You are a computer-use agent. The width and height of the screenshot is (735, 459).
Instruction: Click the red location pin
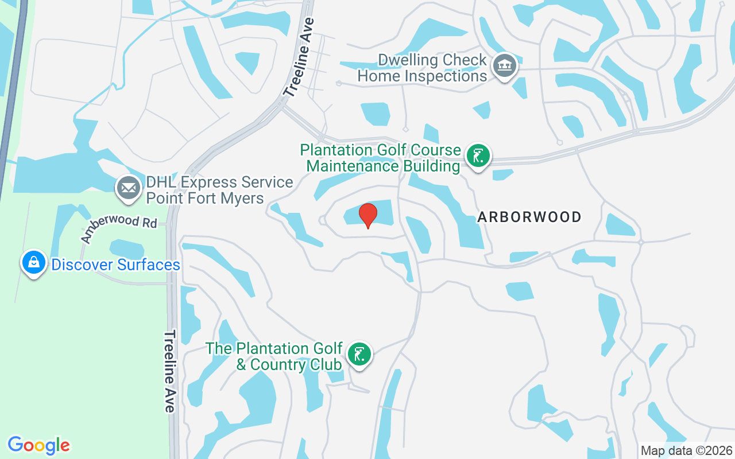(367, 215)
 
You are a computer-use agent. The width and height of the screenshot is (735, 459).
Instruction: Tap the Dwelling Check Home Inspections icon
(505, 67)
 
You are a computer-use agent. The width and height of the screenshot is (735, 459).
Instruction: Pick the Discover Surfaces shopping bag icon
(34, 263)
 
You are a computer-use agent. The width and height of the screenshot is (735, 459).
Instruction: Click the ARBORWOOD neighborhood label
(529, 217)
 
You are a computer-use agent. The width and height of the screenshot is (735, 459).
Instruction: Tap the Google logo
(38, 445)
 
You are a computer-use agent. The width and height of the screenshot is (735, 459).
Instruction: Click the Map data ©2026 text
(687, 451)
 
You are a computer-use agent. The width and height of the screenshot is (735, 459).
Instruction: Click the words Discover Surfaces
(115, 265)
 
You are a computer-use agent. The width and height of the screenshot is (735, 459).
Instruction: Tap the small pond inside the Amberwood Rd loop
(127, 249)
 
